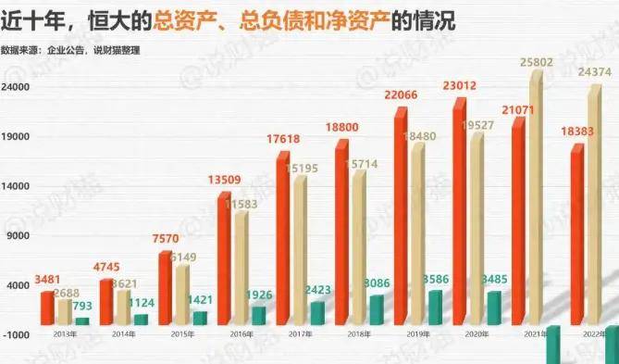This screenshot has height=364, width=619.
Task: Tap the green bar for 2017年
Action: click(x=317, y=313)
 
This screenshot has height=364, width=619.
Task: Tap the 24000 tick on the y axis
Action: click(x=18, y=87)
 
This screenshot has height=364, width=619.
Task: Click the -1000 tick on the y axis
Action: click(x=18, y=333)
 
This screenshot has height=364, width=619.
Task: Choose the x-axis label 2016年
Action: click(x=241, y=333)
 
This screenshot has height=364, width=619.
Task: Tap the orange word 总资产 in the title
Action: click(x=178, y=20)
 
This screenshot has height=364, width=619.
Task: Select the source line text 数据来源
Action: click(x=23, y=49)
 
